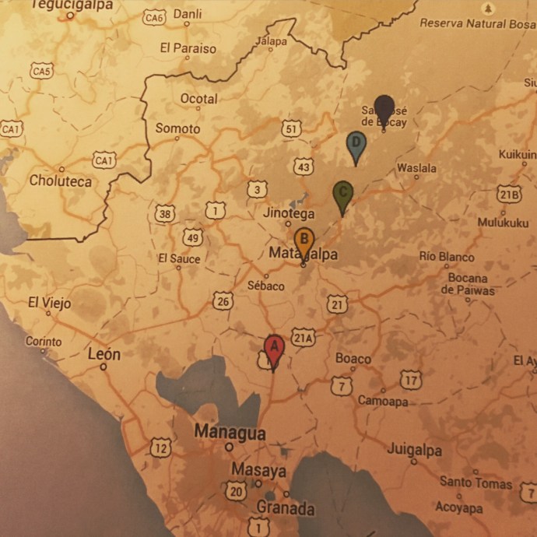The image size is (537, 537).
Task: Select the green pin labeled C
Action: (x=342, y=194)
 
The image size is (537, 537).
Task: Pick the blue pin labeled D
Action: (x=356, y=144)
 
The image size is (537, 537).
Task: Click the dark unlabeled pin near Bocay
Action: (x=384, y=107)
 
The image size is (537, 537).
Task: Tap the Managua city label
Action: (x=230, y=433)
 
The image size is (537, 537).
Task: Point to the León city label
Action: (x=104, y=354)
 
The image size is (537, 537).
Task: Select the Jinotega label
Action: (x=289, y=213)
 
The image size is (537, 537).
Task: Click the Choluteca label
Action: (x=60, y=181)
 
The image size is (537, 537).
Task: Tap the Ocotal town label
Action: (x=198, y=100)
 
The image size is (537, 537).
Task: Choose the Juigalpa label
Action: (x=414, y=451)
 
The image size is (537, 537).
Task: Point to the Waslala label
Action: (x=416, y=168)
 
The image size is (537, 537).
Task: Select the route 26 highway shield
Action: (x=223, y=300)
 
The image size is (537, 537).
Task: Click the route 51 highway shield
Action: (x=291, y=128)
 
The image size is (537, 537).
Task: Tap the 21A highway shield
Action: (x=304, y=337)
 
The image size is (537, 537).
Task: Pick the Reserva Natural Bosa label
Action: (x=477, y=23)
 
